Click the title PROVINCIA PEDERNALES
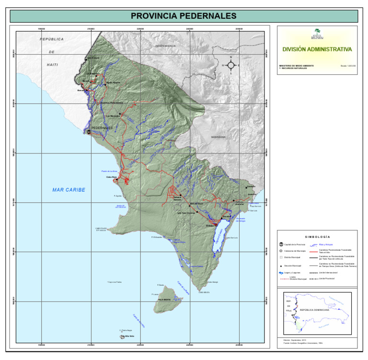[x=184, y=16]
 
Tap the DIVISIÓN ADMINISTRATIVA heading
[x=317, y=49]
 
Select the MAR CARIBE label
[x=69, y=190]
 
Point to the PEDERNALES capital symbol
[x=89, y=132]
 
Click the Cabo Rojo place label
[x=112, y=177]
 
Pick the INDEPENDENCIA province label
[x=165, y=46]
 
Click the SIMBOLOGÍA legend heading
[x=317, y=237]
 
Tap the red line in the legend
[x=314, y=251]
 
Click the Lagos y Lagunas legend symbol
[x=281, y=271]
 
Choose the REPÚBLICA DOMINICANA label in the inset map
[x=316, y=310]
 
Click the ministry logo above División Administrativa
[x=317, y=34]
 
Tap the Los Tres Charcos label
[x=186, y=213]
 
